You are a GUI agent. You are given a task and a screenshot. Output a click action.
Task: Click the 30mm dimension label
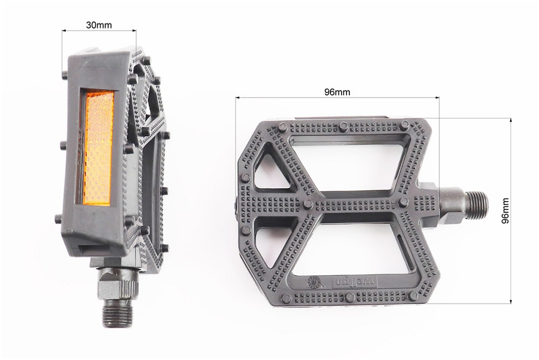click(99, 24)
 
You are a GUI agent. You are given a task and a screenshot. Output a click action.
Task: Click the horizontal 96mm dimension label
click(337, 92)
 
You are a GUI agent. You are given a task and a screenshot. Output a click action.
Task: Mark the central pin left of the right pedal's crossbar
click(308, 204)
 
